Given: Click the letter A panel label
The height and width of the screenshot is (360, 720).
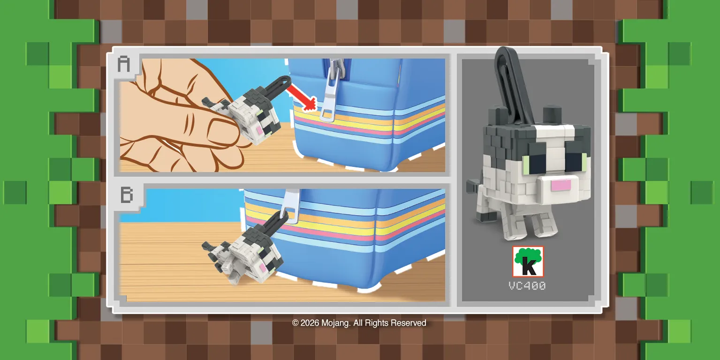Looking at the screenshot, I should tap(123, 64).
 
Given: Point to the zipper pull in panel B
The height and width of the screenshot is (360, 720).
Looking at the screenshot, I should tap(289, 206).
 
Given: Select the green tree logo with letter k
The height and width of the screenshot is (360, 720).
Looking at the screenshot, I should tap(528, 262).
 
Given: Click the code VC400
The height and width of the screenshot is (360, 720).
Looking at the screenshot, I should tap(527, 285).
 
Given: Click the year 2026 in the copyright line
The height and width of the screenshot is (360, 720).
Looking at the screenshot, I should tap(310, 323).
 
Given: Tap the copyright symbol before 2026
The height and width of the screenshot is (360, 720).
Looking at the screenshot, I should tap(296, 323).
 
